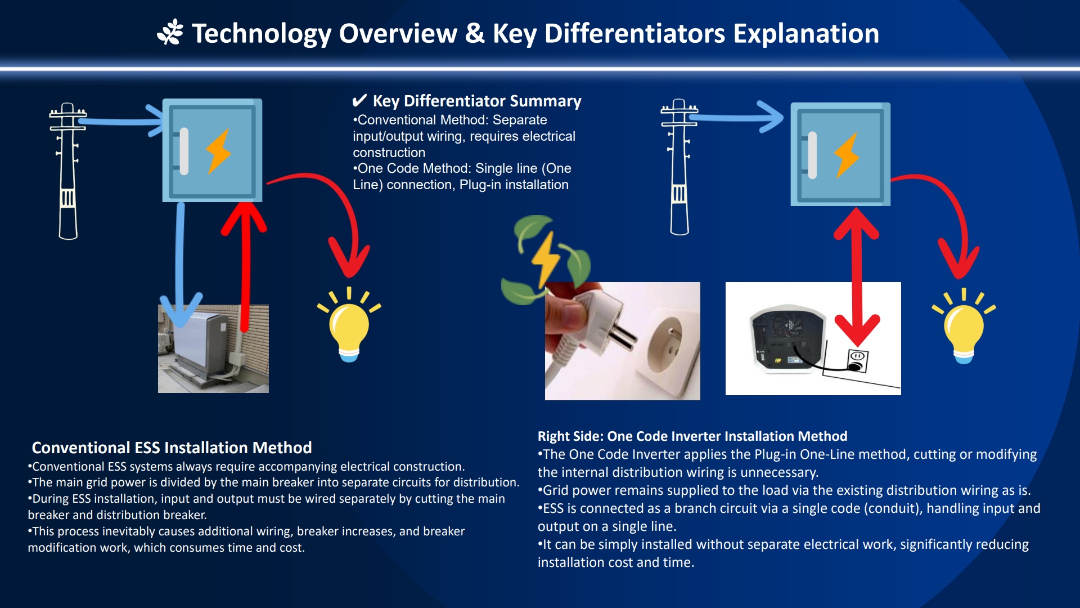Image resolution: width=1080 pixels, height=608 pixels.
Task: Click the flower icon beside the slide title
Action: pos(170,32)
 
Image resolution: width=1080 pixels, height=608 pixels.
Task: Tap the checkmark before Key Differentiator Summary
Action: pos(359,101)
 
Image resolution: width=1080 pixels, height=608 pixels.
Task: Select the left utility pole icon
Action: pos(67,171)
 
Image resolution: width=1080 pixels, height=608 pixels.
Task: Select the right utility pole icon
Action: pos(679,167)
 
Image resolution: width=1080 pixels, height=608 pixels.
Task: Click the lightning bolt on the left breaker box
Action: pos(218,151)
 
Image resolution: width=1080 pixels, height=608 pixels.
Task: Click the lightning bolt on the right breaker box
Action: pos(847,155)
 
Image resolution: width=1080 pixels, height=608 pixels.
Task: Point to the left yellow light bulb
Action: pos(349,325)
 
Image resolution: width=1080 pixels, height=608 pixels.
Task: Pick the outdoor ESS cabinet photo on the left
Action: pos(213,349)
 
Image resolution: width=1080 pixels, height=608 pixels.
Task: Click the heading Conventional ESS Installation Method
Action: pos(172,448)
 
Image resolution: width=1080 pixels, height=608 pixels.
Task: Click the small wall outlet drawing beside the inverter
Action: pos(857,361)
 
